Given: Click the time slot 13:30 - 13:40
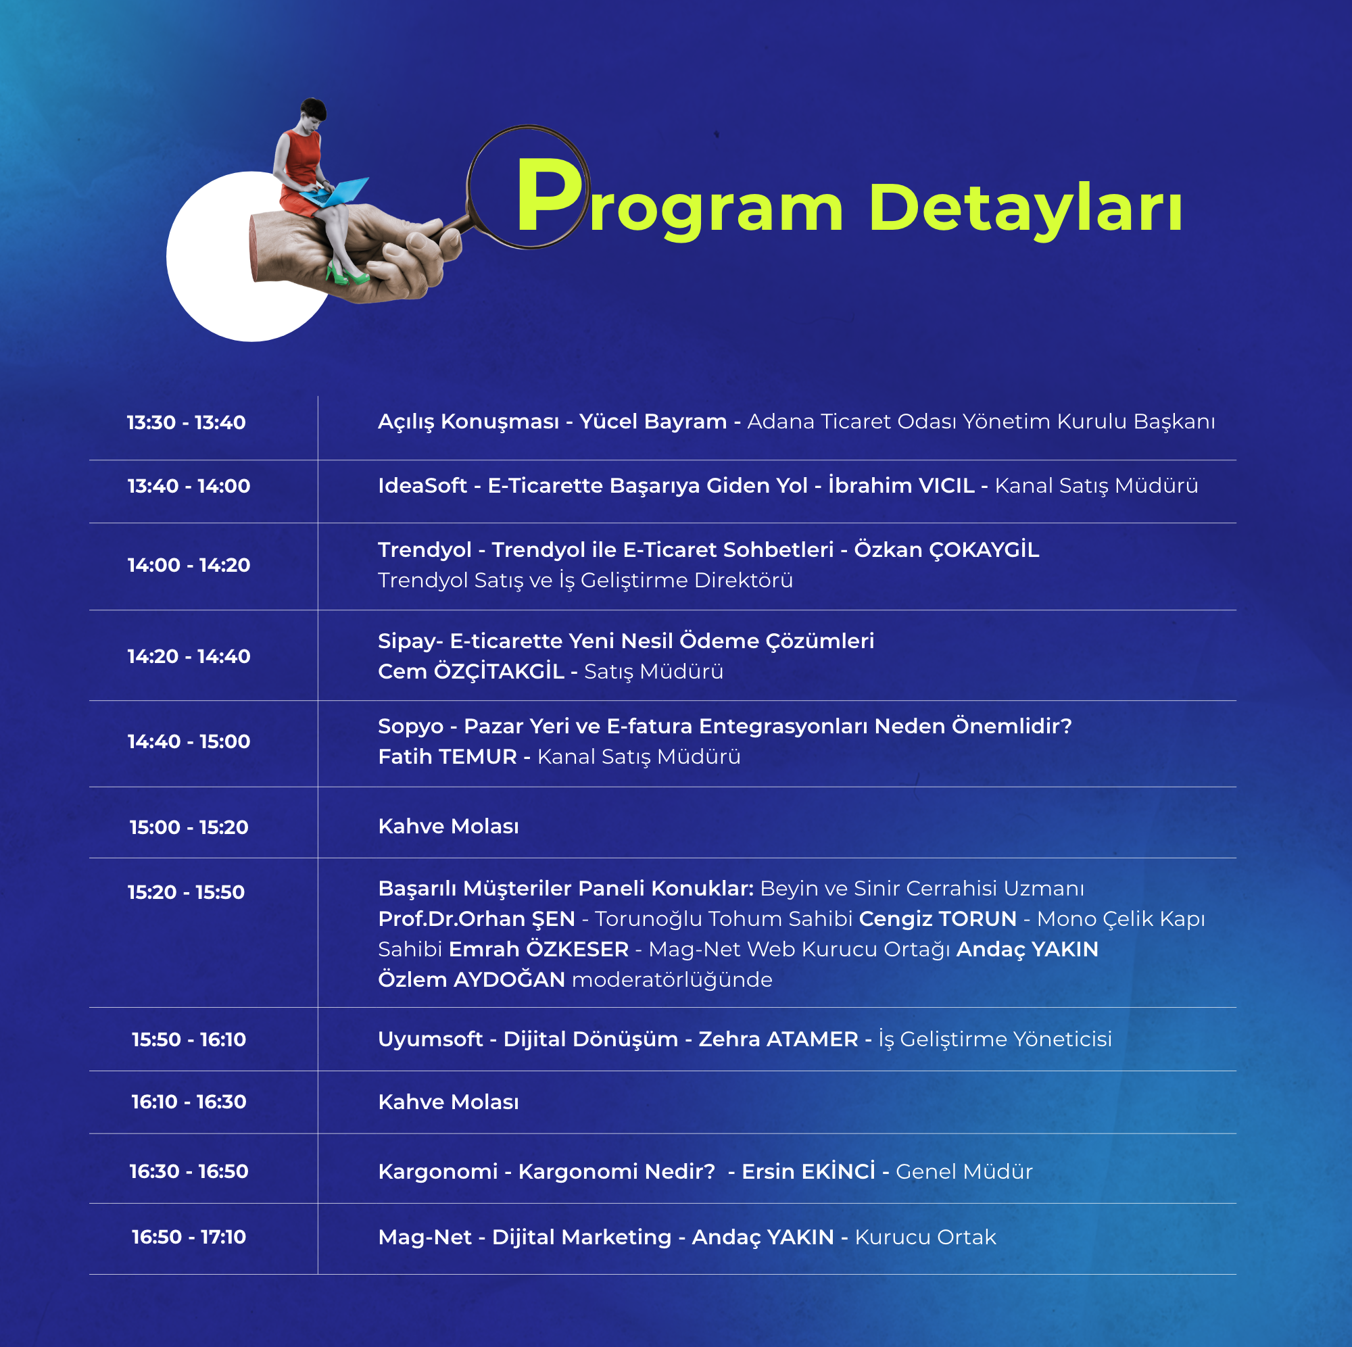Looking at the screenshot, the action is (186, 422).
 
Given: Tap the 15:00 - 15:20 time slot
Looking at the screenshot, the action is (189, 827).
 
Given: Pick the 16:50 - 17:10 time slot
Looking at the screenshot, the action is (189, 1237).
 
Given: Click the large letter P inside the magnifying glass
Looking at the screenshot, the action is (548, 196).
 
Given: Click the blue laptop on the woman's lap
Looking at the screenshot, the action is (336, 193).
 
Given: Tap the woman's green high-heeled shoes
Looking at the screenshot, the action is (345, 274).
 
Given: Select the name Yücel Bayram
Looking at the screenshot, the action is (653, 422).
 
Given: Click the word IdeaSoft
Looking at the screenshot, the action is (422, 486).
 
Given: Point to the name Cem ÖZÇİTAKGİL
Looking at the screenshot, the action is (471, 672).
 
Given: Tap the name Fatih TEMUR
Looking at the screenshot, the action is (447, 757).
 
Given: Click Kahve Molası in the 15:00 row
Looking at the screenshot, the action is (449, 827).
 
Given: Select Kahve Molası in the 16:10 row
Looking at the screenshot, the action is (449, 1102).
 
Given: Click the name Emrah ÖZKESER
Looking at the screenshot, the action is (539, 949).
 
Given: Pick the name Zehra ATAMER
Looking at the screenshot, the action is (778, 1039).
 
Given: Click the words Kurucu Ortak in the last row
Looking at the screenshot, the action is (925, 1237).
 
